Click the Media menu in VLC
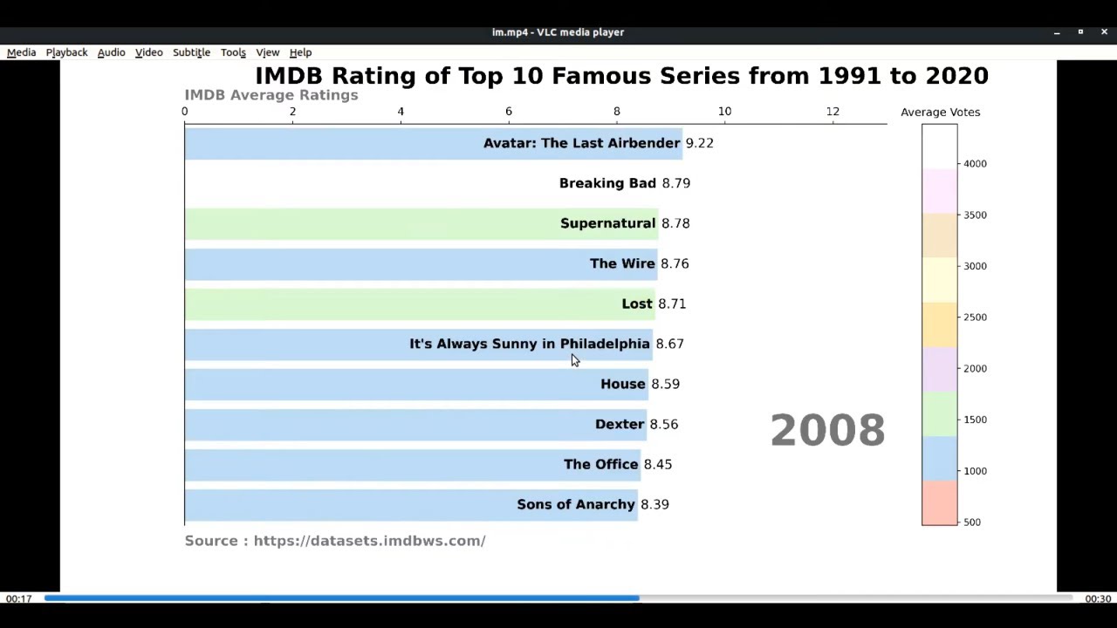coord(22,52)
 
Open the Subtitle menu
coord(191,52)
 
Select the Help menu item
coord(300,52)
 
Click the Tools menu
coord(233,52)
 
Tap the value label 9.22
coord(699,143)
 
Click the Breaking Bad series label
coord(606,183)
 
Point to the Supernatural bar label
coord(607,223)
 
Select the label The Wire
coord(621,263)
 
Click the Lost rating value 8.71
coord(672,304)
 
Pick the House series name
coord(622,384)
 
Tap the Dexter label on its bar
coord(619,424)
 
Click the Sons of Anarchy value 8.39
coord(654,504)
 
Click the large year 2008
coord(827,431)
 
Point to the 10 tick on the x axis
coord(724,112)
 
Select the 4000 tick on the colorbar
coord(975,164)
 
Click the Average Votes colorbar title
coord(940,113)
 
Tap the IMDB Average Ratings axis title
coord(271,95)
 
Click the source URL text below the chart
coord(369,541)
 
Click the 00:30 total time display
coord(1098,598)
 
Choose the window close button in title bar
coord(1104,32)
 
